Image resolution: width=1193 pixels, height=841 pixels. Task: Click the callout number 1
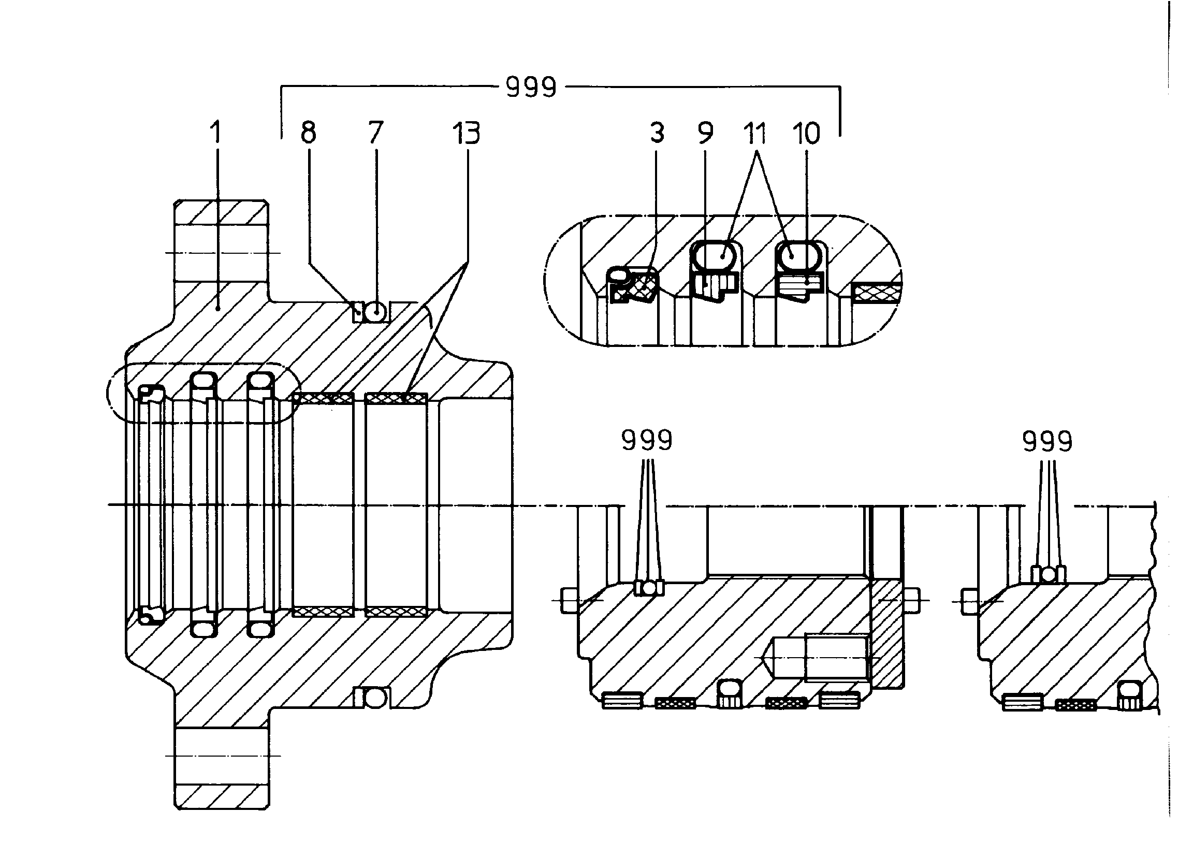tap(215, 133)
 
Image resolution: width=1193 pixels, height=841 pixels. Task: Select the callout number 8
tap(308, 133)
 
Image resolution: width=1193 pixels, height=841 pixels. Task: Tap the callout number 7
tap(375, 133)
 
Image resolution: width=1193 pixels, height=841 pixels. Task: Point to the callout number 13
tap(466, 133)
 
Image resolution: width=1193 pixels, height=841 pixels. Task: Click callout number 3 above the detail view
tap(657, 133)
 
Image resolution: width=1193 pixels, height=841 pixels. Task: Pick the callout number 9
tap(705, 133)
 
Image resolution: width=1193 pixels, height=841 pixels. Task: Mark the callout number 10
tap(806, 133)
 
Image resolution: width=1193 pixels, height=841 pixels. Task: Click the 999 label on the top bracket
tap(531, 87)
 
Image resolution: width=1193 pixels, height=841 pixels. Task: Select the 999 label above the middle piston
tap(647, 440)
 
